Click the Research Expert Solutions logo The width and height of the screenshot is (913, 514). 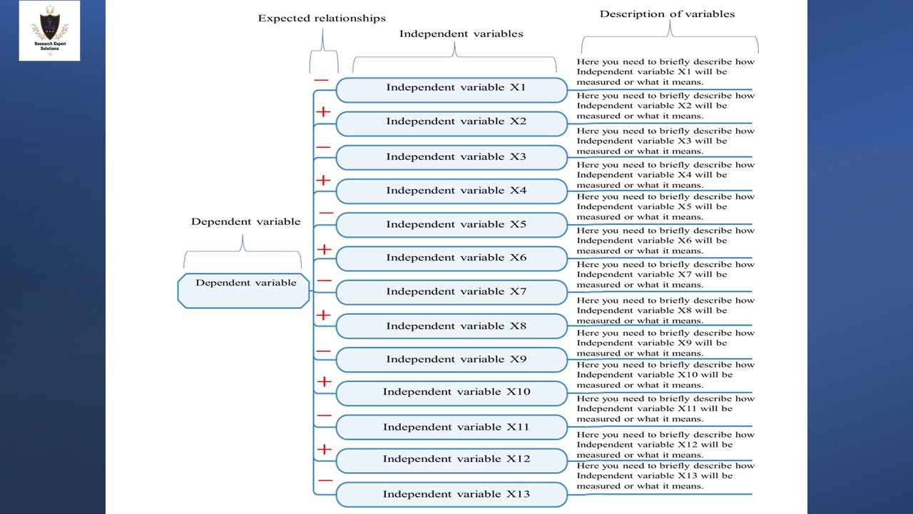click(49, 30)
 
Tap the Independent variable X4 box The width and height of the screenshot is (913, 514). click(452, 191)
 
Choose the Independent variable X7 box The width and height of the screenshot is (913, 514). click(452, 292)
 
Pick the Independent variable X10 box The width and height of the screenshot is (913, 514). click(452, 393)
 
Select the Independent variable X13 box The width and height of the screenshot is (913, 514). click(452, 494)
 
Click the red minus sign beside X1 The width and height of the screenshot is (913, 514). click(321, 80)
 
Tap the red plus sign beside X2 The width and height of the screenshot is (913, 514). click(323, 112)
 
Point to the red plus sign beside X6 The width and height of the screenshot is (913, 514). click(325, 249)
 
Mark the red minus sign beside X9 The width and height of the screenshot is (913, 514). click(323, 351)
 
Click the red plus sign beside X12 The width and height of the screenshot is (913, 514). click(325, 449)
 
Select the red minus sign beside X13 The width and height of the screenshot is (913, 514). click(325, 480)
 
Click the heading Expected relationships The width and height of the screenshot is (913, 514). click(322, 19)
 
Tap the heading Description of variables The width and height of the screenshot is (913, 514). click(667, 14)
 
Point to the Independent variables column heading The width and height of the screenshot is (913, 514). click(461, 34)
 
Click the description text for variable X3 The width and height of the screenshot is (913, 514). click(665, 141)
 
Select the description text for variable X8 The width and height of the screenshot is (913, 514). click(665, 311)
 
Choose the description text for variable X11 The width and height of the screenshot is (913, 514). click(665, 409)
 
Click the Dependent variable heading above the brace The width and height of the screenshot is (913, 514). click(245, 222)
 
